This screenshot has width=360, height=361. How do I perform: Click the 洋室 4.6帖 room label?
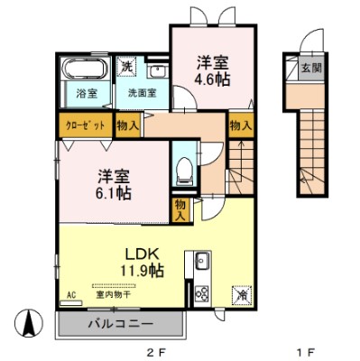tap(212, 71)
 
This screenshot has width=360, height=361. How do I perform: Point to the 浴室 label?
tap(86, 92)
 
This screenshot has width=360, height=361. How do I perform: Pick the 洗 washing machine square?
tap(128, 67)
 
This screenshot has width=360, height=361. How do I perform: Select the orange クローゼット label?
tap(87, 126)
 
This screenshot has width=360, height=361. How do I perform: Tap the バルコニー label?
tap(119, 322)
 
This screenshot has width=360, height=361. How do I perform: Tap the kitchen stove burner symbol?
tap(201, 292)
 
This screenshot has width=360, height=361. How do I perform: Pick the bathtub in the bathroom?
tap(87, 70)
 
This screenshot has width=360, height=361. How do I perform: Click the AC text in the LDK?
tap(70, 294)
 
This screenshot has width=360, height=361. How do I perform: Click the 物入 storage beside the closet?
tap(128, 126)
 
